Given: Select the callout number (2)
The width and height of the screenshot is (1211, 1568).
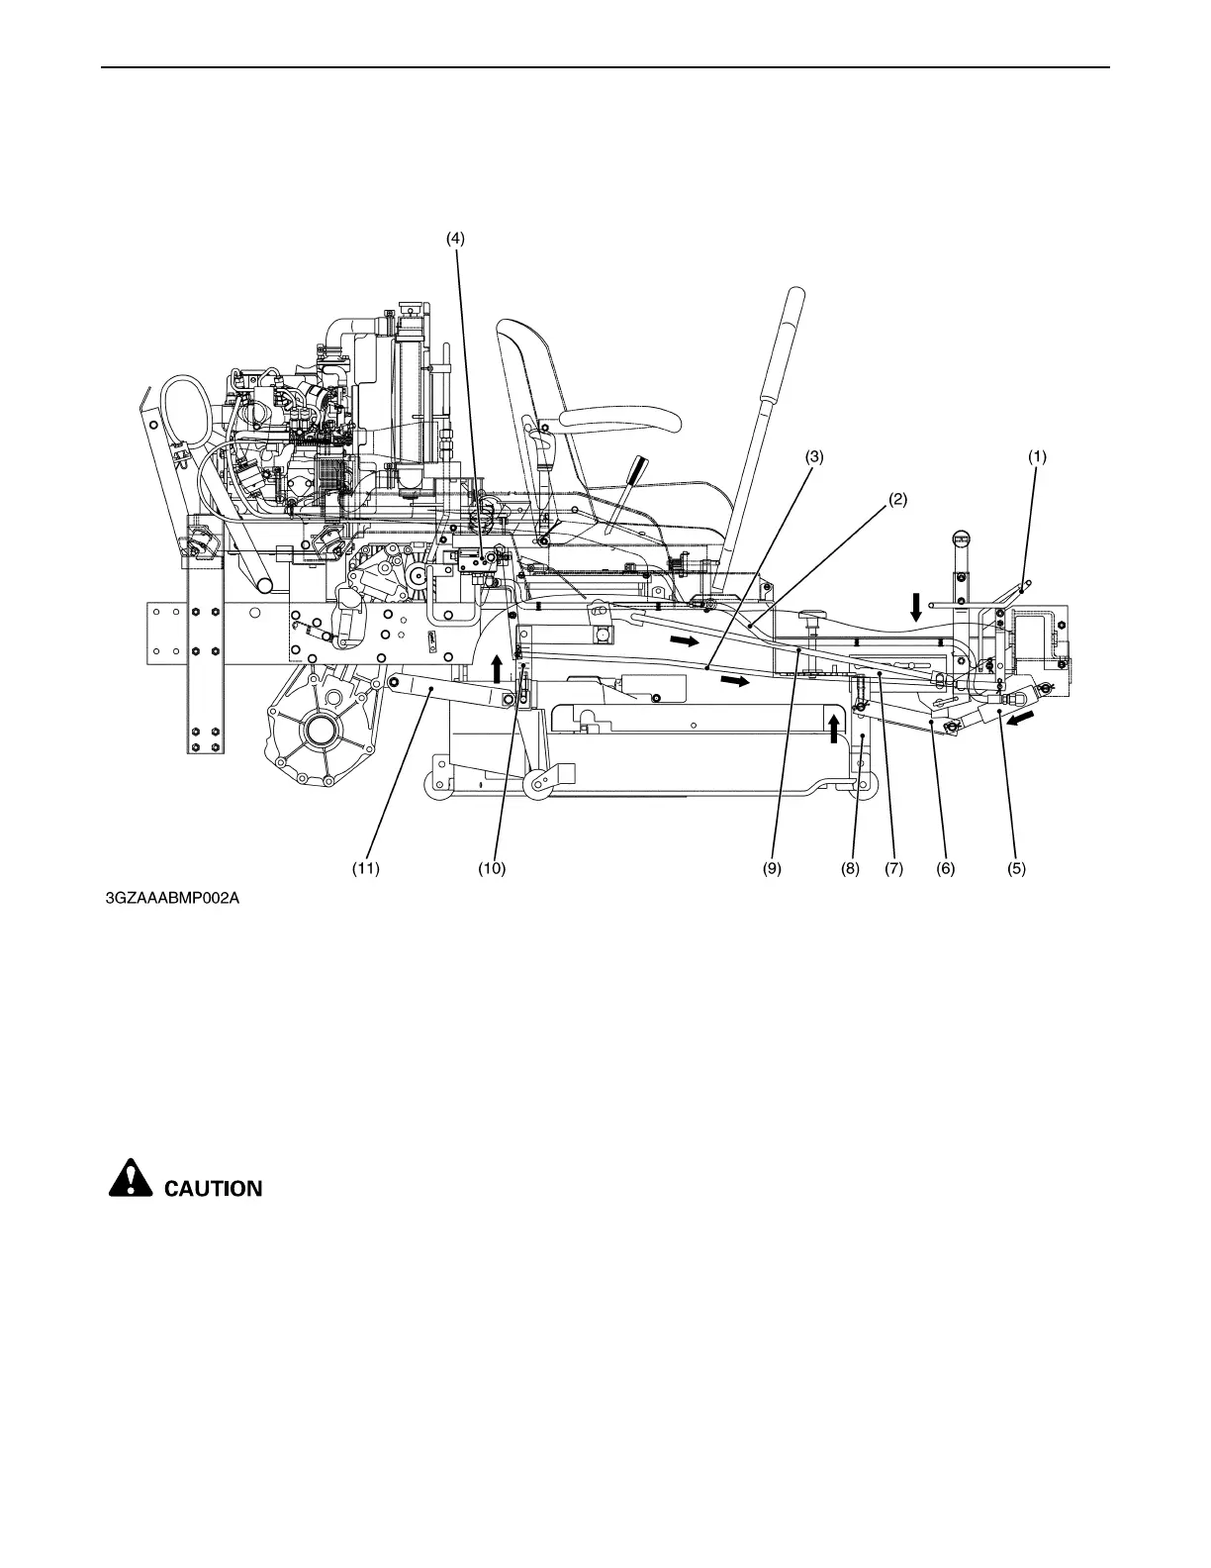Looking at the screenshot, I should coord(896,499).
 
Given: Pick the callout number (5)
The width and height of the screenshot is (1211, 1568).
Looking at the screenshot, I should coord(1016,868).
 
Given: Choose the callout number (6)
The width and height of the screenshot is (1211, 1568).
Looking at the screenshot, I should coord(945,868).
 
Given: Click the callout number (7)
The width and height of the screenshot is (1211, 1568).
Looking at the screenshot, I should coord(894,868).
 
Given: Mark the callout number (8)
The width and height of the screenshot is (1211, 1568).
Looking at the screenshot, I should coord(850,868).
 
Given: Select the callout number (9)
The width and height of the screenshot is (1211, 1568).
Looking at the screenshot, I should coord(772,868).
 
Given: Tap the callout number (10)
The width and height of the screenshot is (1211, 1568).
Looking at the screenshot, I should coord(492,868).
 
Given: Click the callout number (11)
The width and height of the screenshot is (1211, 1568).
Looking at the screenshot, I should coord(366,868).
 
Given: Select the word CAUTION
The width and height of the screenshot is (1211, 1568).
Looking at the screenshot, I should coord(213,1188).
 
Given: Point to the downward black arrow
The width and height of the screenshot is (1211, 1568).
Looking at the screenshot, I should coord(916,606).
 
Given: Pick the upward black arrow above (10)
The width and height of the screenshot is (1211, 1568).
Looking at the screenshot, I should coord(498,667).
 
